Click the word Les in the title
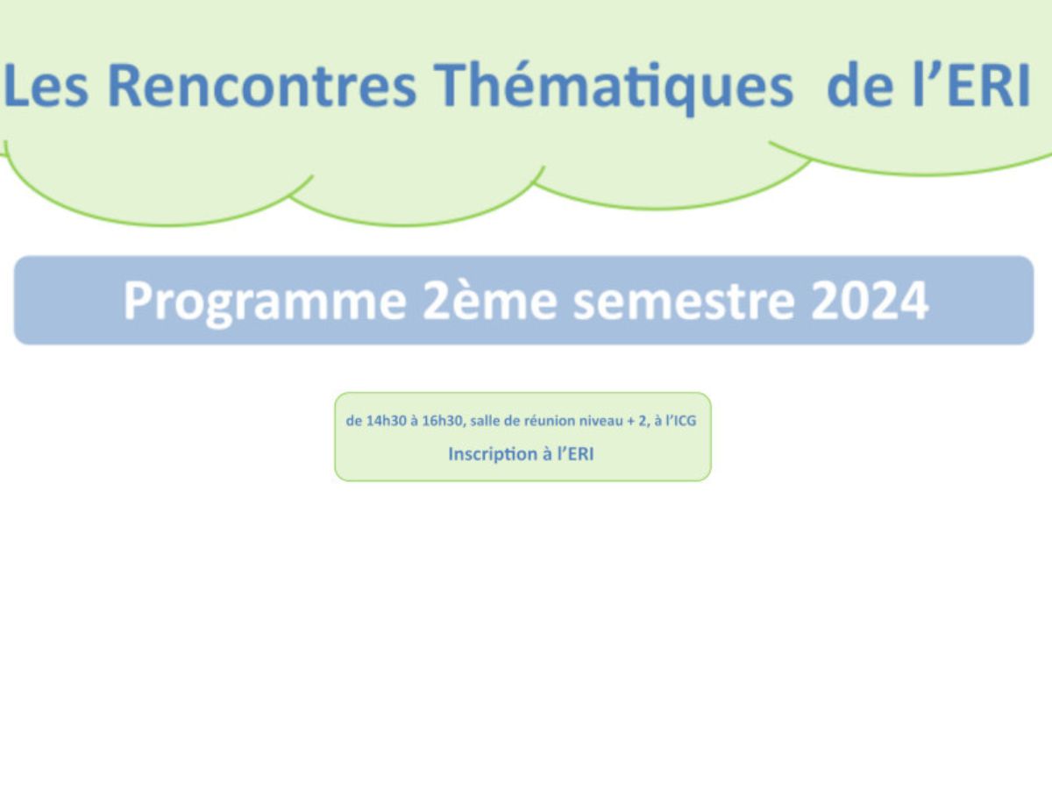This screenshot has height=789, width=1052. point(46,85)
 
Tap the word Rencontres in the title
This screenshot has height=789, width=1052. point(262,85)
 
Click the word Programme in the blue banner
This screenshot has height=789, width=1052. point(265,302)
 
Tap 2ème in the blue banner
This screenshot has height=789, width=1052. point(490,301)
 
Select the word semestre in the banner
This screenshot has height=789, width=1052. point(684,302)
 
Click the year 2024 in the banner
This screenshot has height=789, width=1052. point(870,301)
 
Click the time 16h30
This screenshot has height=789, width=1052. point(443,421)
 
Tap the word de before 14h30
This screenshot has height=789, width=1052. point(353,421)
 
